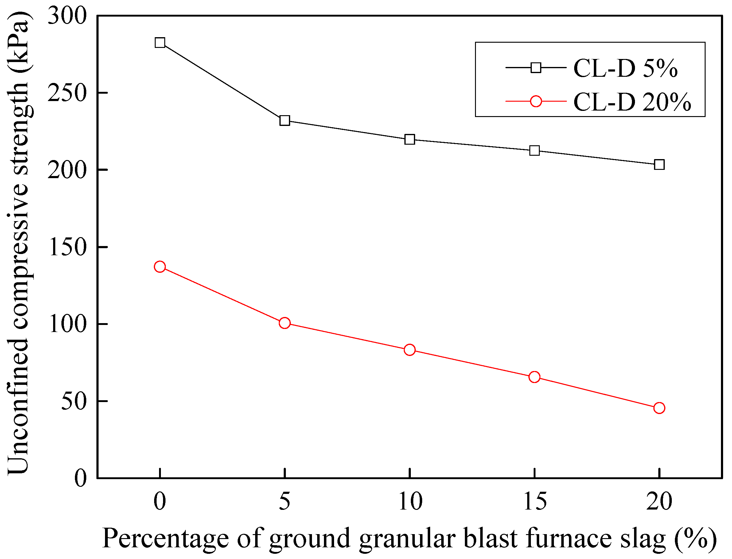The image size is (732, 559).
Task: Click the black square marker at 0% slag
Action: click(160, 43)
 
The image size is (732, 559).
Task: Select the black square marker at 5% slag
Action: click(285, 120)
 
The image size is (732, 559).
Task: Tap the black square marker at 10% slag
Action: click(410, 139)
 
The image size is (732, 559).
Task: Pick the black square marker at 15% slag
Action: click(535, 151)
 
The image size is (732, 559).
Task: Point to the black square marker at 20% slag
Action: click(659, 165)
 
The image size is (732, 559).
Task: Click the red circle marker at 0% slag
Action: click(160, 267)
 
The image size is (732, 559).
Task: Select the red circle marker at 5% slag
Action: click(285, 323)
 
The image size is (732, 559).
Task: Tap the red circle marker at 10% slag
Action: click(410, 350)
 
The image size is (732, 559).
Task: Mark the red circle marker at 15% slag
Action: click(535, 377)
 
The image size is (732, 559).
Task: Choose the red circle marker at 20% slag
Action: click(659, 408)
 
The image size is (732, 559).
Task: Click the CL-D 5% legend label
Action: click(625, 68)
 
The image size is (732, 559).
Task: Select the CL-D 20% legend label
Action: click(632, 102)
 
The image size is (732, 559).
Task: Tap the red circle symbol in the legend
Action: click(536, 101)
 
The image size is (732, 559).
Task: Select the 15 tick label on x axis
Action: click(535, 502)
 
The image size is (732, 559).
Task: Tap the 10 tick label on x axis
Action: click(410, 502)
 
